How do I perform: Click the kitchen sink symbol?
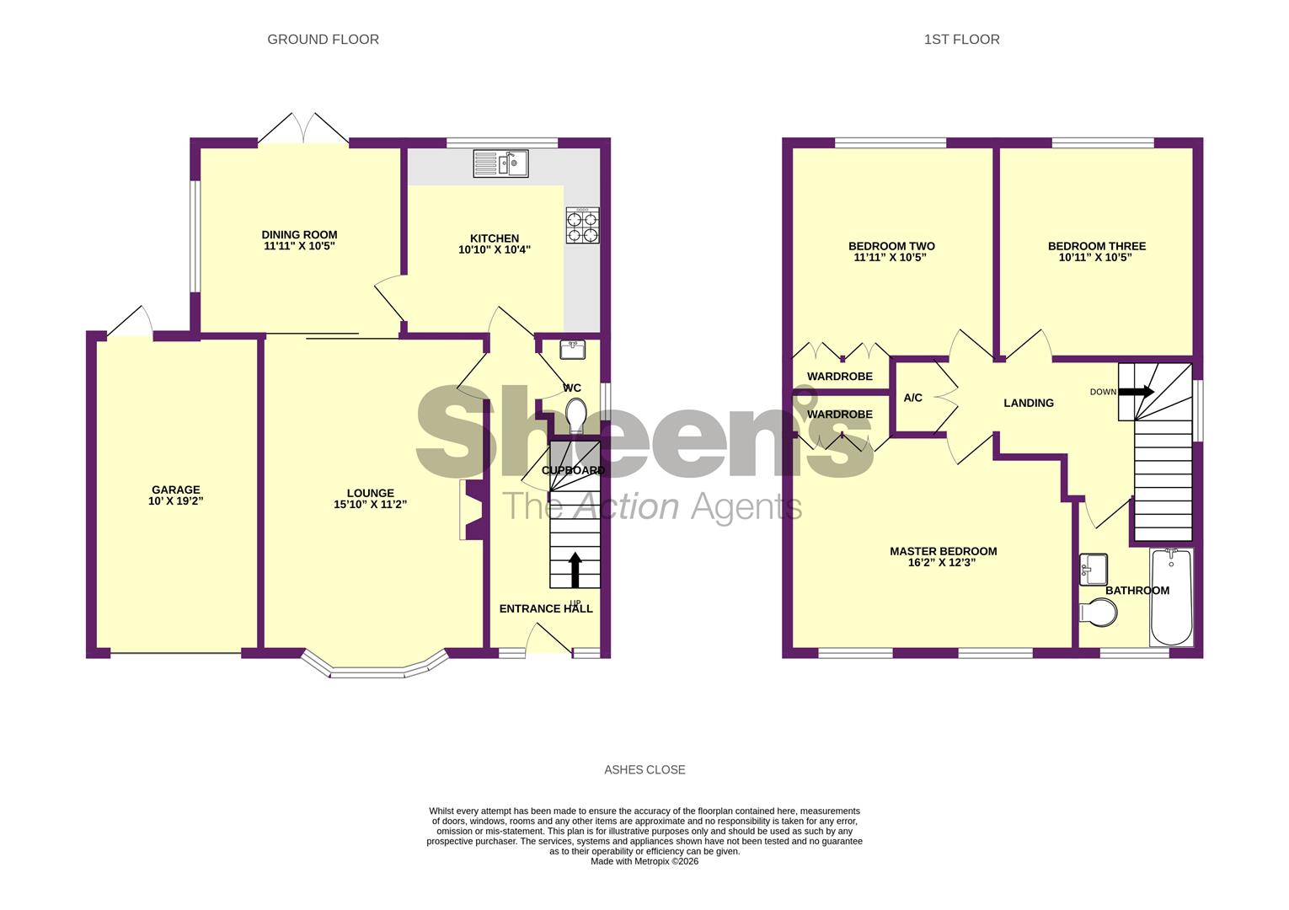[500, 163]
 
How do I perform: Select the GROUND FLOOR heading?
[323, 40]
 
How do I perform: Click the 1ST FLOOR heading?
[961, 40]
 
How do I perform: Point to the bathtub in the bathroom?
[1171, 597]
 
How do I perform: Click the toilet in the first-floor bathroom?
[1098, 613]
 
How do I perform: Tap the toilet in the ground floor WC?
[576, 415]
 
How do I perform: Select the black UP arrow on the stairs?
[575, 570]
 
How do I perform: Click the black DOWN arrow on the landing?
[1136, 392]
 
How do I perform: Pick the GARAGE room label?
[175, 490]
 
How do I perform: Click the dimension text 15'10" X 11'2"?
[370, 506]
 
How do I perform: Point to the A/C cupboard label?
[912, 398]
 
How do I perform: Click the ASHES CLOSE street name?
[644, 769]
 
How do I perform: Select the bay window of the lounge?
[374, 666]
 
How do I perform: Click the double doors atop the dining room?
[303, 128]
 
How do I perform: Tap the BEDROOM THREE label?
[1096, 246]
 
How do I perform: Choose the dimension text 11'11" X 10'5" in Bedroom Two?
[891, 258]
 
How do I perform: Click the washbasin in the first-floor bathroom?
[1094, 569]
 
